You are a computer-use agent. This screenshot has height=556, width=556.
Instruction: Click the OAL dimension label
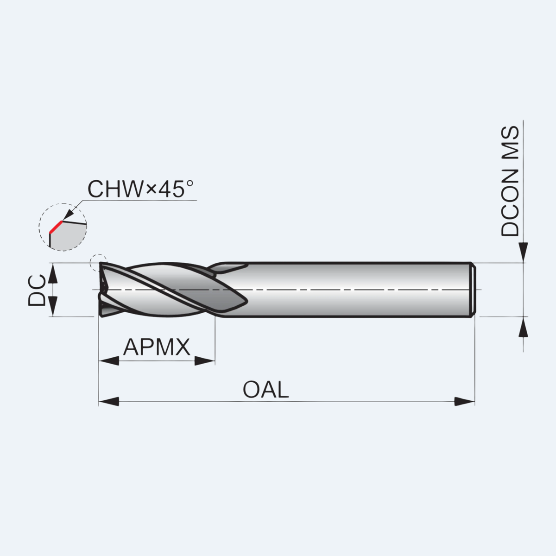(x=266, y=389)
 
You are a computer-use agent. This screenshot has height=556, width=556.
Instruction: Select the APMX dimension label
(x=157, y=347)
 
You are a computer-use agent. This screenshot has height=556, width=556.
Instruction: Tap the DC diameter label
(x=37, y=290)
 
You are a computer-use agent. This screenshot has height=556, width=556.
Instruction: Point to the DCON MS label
(x=510, y=181)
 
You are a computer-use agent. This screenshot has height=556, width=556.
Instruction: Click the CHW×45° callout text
(x=140, y=189)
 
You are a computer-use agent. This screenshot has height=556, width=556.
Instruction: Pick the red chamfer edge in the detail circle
(x=56, y=227)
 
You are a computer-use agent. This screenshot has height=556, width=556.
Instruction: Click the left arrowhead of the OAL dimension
(x=109, y=401)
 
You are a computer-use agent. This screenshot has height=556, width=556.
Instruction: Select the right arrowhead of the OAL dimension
(x=465, y=401)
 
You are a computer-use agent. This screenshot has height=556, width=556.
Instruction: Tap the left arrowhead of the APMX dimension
(x=109, y=360)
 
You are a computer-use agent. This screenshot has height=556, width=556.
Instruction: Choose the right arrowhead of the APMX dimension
(x=205, y=360)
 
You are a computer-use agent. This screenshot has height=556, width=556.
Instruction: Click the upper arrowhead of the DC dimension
(x=53, y=273)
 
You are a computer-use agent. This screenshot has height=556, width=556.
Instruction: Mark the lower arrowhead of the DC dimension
(x=53, y=306)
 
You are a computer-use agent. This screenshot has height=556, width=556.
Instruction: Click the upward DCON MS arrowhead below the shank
(x=524, y=327)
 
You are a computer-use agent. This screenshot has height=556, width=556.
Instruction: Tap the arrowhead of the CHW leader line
(x=69, y=215)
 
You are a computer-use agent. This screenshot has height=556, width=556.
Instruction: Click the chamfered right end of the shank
(x=474, y=290)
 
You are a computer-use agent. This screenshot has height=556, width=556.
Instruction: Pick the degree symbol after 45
(x=190, y=183)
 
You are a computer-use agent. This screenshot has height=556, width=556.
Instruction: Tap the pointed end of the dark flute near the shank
(x=247, y=301)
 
